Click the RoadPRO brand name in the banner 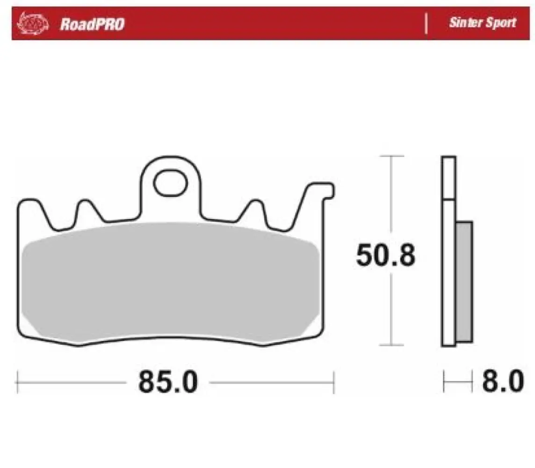[x=92, y=24]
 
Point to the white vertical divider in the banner [x=426, y=23]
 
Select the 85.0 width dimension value [x=168, y=382]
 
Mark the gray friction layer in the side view [x=464, y=281]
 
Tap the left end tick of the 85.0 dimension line [x=17, y=382]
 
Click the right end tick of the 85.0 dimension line [x=333, y=382]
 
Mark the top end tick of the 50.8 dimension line [x=391, y=156]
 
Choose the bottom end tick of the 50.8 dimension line [x=391, y=345]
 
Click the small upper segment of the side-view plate [x=448, y=177]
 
